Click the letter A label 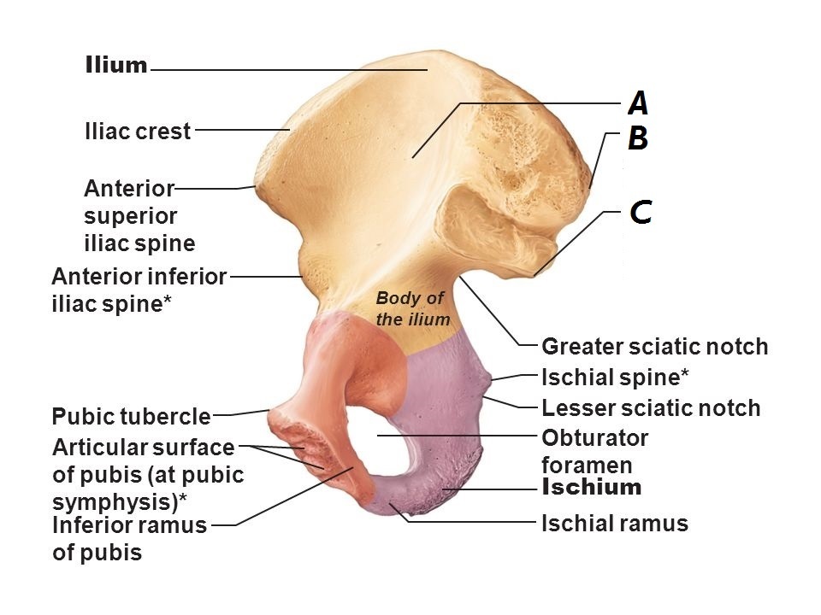coord(638,103)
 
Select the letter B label coord(638,138)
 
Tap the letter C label coord(641,211)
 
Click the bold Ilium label coord(116,66)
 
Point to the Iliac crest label coord(138,132)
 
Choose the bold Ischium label coord(592,488)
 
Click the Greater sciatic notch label coord(655,347)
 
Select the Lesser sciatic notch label coord(651,408)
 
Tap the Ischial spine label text coord(616,377)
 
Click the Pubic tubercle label coord(131,417)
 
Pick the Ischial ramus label coord(615,523)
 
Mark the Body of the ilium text coord(412,308)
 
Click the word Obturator coord(595,438)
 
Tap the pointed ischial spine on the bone coord(488,378)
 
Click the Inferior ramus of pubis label coord(129,538)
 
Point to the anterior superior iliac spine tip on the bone coord(255,186)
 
